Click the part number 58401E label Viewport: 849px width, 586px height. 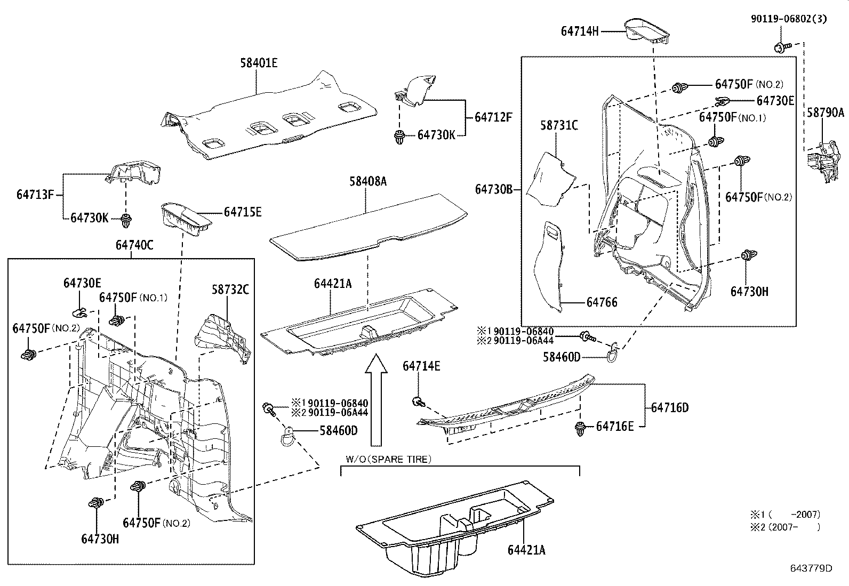[259, 63]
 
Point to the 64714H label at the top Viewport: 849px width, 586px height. [580, 31]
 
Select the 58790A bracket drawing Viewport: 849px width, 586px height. [821, 159]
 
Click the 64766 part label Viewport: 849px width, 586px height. [602, 302]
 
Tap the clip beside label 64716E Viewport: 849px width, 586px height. [580, 429]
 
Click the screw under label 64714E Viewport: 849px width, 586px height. [419, 401]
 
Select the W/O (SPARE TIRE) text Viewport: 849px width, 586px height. [388, 459]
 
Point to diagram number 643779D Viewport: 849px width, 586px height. [811, 568]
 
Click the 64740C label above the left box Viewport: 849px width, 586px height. [134, 245]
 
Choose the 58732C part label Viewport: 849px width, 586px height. [230, 290]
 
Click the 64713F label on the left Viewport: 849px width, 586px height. [36, 194]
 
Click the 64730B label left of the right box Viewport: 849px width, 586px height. [494, 189]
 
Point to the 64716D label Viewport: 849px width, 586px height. [670, 407]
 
